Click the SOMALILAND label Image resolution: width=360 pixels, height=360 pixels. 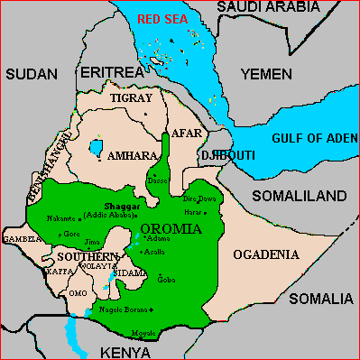click(311, 195)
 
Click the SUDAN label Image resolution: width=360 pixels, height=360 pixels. click(31, 74)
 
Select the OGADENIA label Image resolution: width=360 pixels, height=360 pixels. click(265, 255)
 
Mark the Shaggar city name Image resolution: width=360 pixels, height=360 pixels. click(110, 207)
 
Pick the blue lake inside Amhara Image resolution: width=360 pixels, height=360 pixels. click(96, 146)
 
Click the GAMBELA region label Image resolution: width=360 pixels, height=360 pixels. click(22, 239)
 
